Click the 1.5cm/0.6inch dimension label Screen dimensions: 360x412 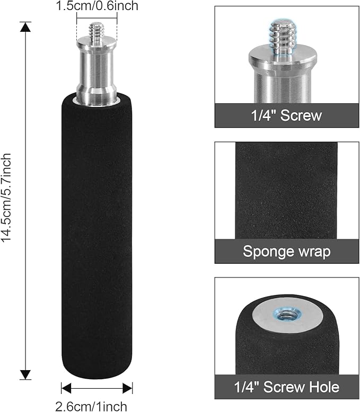click(x=97, y=5)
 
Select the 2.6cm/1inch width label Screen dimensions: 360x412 click(x=91, y=406)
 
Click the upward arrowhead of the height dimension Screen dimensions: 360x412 click(x=25, y=28)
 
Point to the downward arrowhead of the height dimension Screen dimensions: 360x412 click(x=25, y=374)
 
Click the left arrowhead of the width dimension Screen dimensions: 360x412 click(x=66, y=388)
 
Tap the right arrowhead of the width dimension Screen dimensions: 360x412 click(x=128, y=388)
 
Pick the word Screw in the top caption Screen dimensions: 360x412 click(x=301, y=115)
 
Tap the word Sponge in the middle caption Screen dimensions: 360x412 click(x=268, y=252)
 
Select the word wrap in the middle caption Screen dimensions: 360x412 click(x=314, y=252)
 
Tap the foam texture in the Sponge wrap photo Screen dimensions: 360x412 click(x=286, y=191)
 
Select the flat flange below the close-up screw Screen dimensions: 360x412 click(x=283, y=57)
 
